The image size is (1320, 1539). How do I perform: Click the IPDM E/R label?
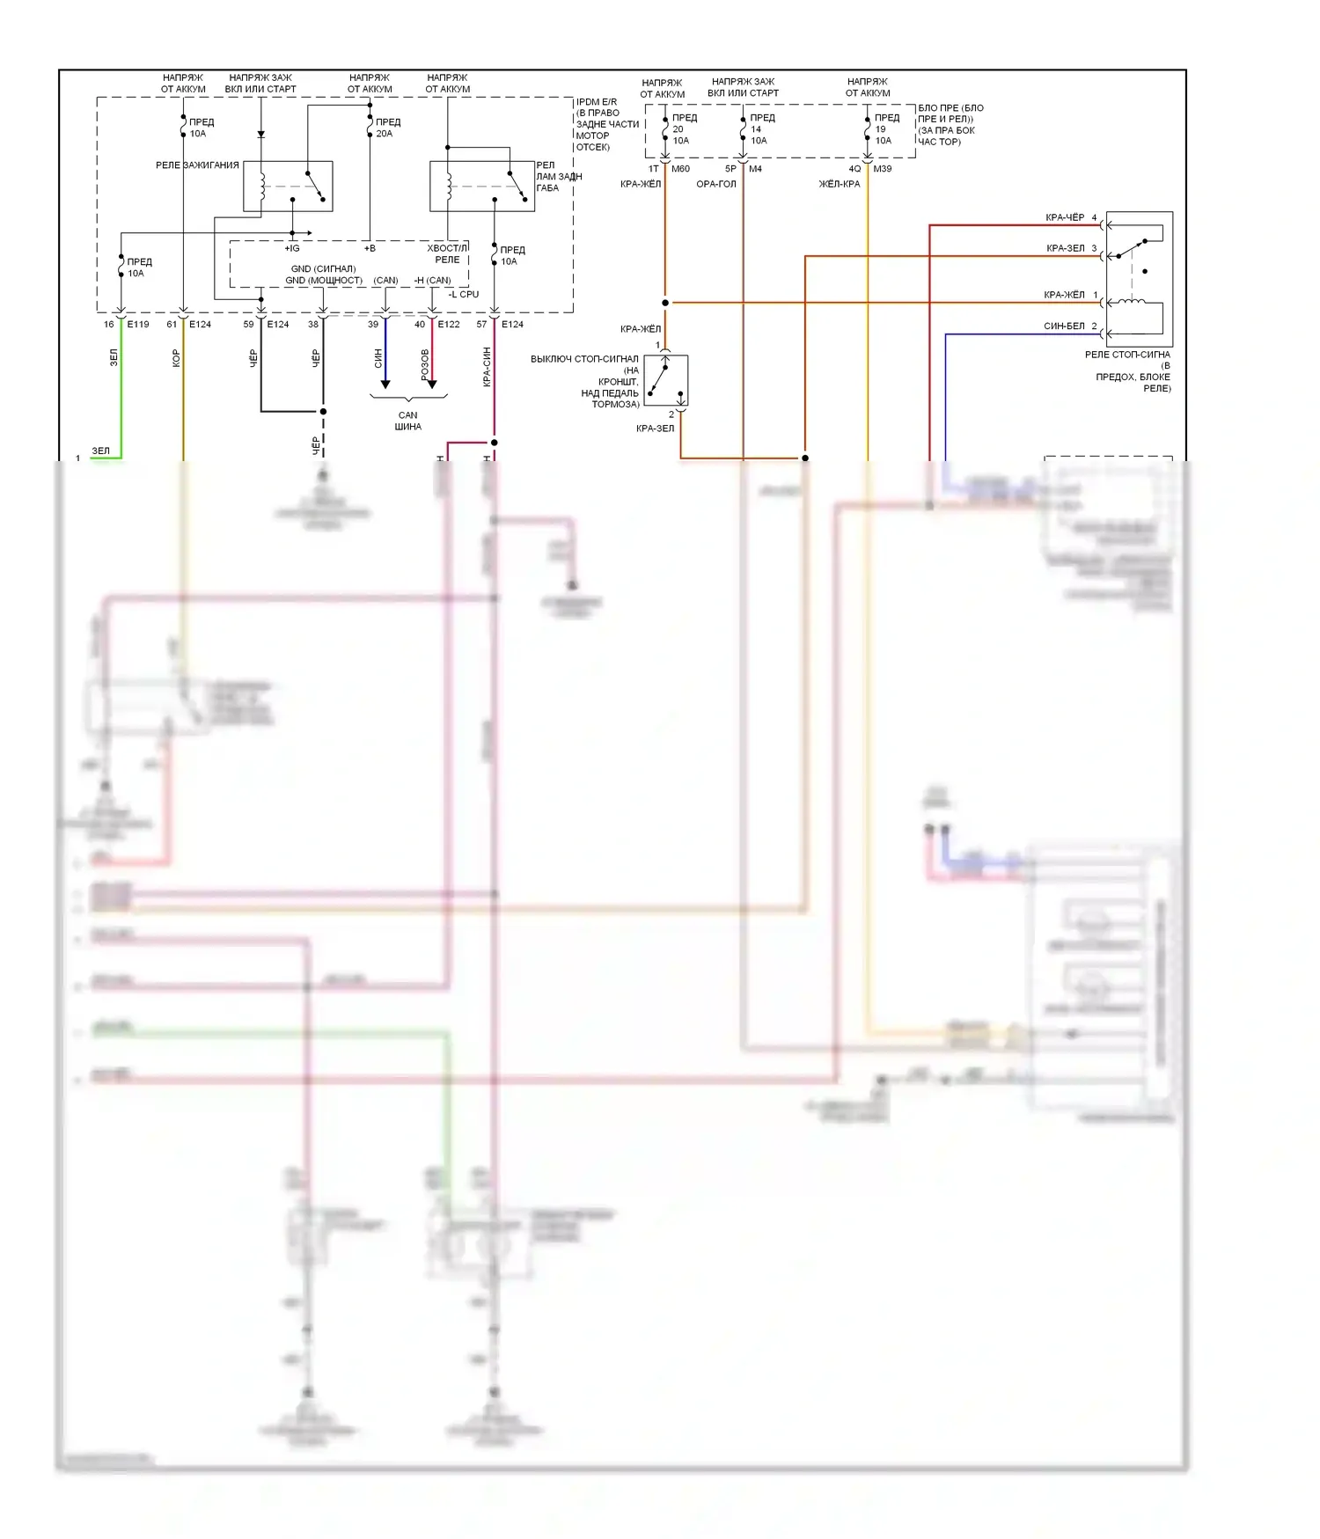[597, 102]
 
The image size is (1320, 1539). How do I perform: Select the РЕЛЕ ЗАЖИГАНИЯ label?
[197, 165]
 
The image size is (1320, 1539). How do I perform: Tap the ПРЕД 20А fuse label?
[387, 128]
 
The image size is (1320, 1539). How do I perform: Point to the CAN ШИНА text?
[407, 421]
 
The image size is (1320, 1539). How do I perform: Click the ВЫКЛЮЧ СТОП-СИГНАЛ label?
[584, 359]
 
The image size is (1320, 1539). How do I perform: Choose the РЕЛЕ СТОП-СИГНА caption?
[1127, 355]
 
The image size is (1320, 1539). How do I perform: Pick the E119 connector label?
[138, 325]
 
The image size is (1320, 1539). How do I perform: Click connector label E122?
[449, 325]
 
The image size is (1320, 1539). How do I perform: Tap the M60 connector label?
[680, 169]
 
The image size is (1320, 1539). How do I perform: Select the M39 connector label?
[882, 169]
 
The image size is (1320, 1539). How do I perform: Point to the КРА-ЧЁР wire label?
[1065, 217]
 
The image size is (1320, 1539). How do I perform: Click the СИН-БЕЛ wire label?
[1064, 326]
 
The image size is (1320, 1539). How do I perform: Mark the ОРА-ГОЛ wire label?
[715, 185]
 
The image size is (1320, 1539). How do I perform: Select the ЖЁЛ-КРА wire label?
[840, 185]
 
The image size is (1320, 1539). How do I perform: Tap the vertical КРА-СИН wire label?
[487, 367]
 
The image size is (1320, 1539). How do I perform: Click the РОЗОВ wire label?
[425, 365]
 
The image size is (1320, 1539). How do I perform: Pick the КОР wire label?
[176, 358]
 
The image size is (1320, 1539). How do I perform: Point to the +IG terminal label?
[292, 249]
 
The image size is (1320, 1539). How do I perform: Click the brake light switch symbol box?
[666, 380]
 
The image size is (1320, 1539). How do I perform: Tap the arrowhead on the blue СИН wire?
[385, 385]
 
